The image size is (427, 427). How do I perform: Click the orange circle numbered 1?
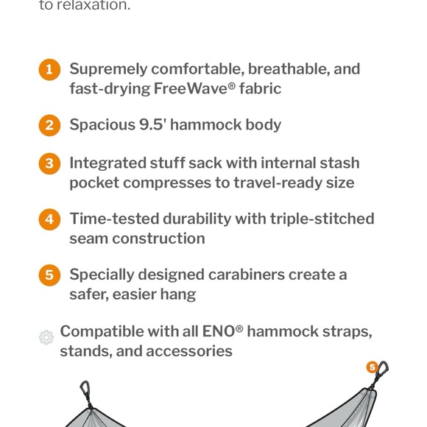coord(49,70)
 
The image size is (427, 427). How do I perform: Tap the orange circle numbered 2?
coord(49,125)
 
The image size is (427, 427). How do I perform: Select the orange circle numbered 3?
coord(49,163)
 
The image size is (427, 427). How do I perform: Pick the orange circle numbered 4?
coord(49,219)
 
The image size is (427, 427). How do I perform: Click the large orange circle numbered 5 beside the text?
coord(49,275)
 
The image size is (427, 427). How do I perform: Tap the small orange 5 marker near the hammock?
coord(372,367)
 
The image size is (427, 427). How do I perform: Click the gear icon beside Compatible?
coord(46,338)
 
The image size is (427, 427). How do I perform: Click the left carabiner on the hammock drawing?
coord(85,390)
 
